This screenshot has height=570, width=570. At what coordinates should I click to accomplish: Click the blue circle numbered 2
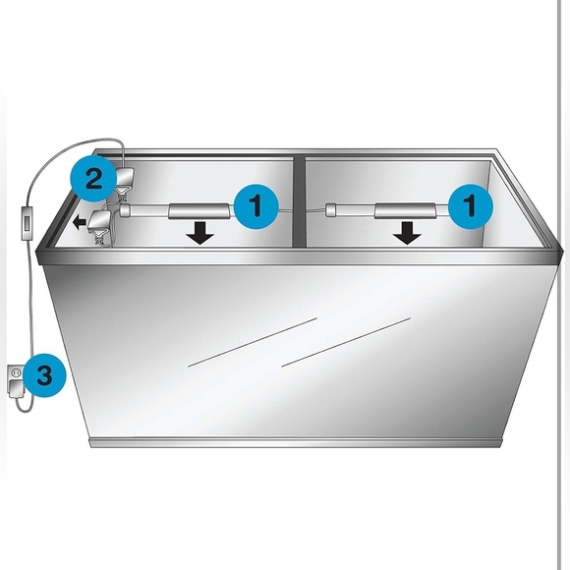point(93,179)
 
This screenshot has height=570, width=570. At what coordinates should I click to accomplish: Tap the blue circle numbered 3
point(43,374)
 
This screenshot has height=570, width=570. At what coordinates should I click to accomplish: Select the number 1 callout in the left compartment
point(256,206)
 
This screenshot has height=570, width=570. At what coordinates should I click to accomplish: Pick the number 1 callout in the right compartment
point(471,206)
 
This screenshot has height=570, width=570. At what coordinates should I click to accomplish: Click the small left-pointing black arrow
point(80,222)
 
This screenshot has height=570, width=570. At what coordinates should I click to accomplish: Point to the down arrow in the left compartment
point(200,233)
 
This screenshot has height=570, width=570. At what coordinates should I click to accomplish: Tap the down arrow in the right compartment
point(408,233)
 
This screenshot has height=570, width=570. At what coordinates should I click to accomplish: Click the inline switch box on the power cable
point(28,223)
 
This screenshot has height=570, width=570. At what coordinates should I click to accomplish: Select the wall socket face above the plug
point(16,372)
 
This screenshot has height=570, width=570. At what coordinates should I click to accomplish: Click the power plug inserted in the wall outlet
point(16,390)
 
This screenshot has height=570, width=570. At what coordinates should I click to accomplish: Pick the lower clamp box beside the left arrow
point(99,221)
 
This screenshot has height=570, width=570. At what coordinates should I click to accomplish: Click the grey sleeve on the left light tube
point(199,211)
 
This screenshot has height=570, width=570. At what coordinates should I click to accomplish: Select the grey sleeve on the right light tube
point(405,211)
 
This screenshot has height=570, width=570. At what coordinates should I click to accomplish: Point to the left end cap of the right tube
point(331,210)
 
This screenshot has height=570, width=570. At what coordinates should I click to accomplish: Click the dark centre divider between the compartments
point(300,202)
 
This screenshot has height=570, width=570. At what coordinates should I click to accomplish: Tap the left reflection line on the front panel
point(253,342)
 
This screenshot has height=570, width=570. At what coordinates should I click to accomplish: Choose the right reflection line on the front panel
point(346,342)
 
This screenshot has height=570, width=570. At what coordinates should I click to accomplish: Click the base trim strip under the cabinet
point(296,442)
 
